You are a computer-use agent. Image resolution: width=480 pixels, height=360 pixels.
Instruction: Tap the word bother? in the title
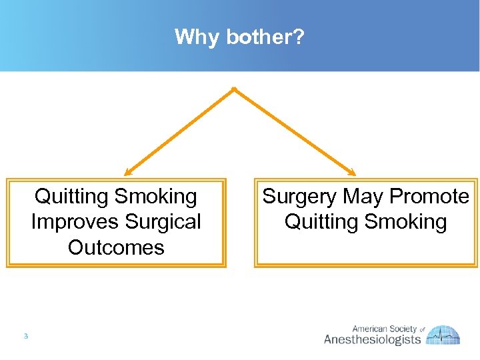265,37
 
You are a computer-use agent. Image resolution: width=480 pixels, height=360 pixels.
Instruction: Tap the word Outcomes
116,247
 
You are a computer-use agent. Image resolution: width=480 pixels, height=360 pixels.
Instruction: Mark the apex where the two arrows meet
233,89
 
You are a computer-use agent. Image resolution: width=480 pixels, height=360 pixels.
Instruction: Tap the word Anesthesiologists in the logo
372,339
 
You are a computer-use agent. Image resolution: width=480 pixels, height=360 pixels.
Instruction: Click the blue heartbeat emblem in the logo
444,335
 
